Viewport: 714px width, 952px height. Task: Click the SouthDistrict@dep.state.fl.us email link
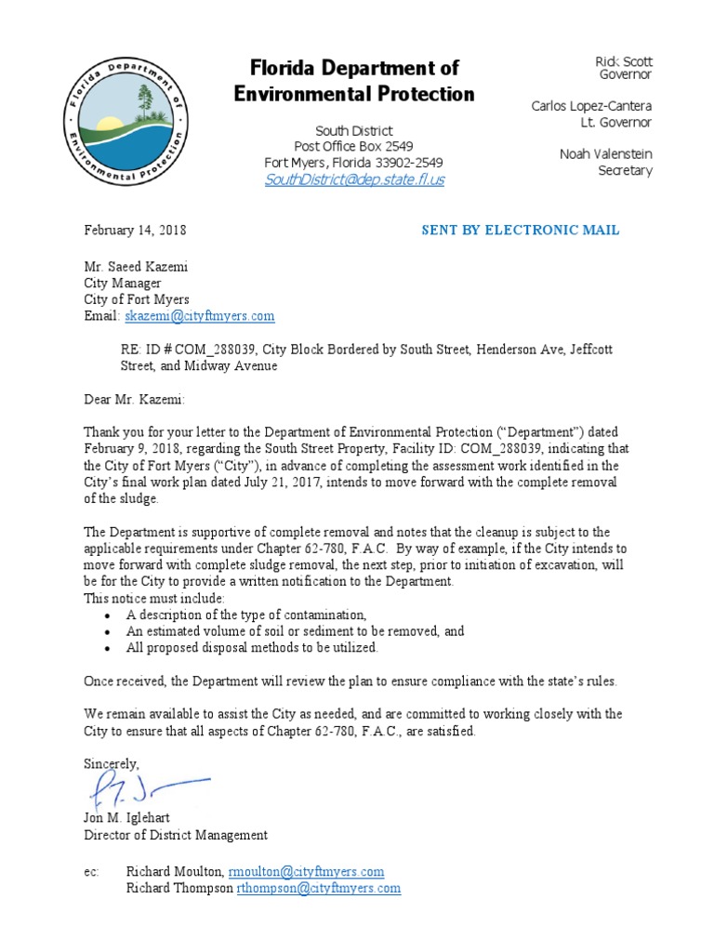coord(354,180)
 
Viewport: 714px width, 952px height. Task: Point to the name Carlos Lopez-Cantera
coord(591,106)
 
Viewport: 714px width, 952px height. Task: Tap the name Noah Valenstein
coord(606,154)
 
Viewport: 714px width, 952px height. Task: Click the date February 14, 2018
coord(136,231)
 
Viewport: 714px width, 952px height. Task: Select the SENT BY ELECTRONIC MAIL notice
coord(521,231)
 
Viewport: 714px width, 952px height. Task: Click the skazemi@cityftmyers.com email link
coord(199,316)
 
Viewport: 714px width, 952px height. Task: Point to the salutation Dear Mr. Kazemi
coord(135,400)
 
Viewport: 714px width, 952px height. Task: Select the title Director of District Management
coord(176,835)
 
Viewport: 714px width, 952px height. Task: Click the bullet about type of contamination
coord(246,615)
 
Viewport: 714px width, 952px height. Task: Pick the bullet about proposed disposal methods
coord(252,648)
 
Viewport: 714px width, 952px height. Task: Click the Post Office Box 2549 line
coord(354,147)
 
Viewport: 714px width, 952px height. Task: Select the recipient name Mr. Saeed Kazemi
coord(137,267)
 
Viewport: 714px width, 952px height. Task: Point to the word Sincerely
coord(112,763)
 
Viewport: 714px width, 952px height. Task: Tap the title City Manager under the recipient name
coord(123,284)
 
